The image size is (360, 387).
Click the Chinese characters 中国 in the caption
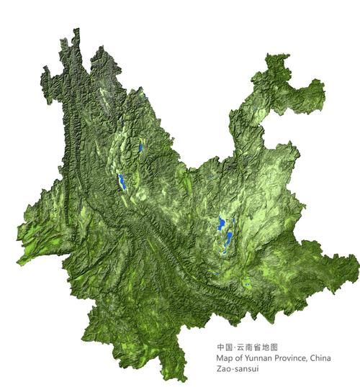tap(222, 346)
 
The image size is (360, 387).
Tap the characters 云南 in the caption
tap(242, 346)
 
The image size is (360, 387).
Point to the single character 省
tap(253, 346)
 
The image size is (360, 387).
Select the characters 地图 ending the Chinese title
tap(266, 346)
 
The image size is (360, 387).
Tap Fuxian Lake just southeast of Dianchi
tap(230, 237)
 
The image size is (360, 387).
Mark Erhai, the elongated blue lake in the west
tap(122, 181)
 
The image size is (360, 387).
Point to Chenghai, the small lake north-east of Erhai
tap(140, 147)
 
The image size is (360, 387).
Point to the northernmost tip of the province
tap(76, 29)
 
